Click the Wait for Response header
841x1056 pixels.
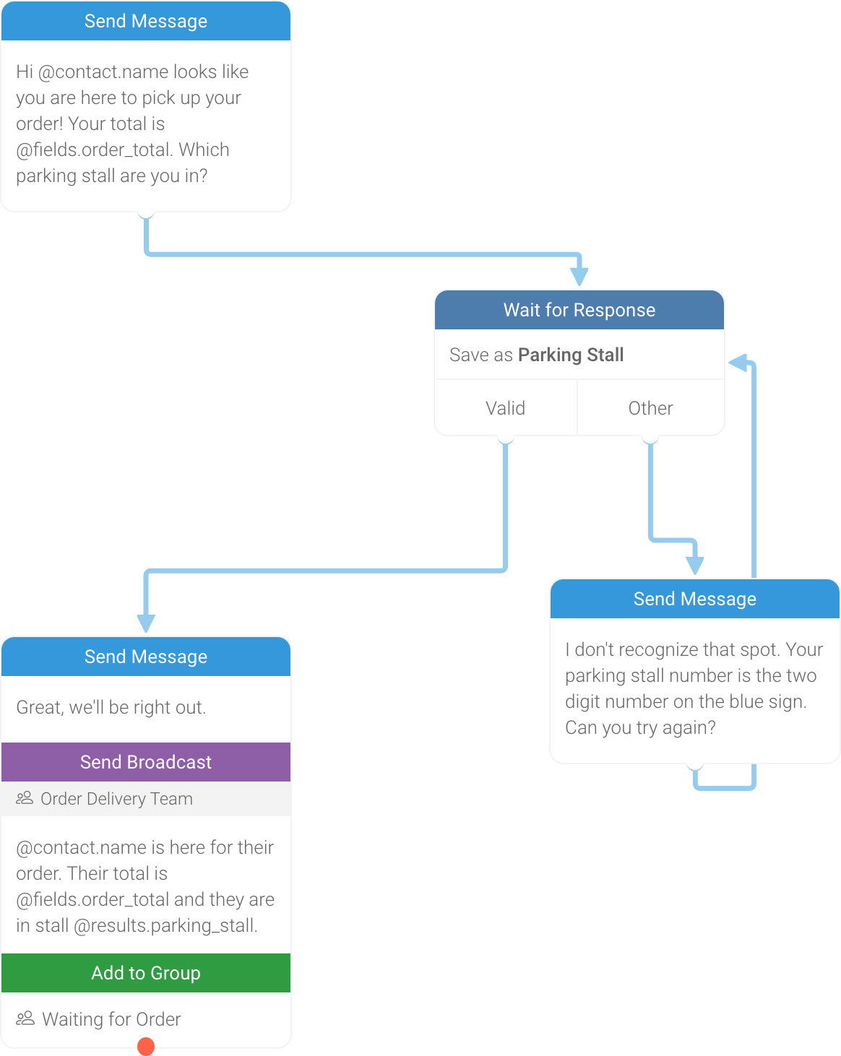(x=579, y=310)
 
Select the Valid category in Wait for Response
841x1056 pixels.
(x=505, y=408)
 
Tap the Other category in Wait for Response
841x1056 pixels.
(x=650, y=408)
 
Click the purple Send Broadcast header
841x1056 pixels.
(x=146, y=762)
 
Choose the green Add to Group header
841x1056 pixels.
(x=146, y=973)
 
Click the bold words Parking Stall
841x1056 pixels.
(x=571, y=355)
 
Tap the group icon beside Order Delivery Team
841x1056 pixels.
(x=25, y=798)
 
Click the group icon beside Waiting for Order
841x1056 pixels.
(x=25, y=1018)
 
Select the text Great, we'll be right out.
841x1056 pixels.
(x=111, y=707)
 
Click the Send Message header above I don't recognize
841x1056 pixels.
(x=694, y=599)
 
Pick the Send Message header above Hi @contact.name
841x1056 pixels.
(x=146, y=21)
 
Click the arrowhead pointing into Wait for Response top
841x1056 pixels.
(x=579, y=276)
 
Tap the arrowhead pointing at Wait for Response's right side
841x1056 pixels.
(x=738, y=363)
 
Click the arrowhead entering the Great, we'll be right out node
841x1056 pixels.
(x=146, y=623)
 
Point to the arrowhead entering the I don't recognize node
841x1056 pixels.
(x=694, y=565)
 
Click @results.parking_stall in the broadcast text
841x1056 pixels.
(x=165, y=925)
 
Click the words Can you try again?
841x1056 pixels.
(x=640, y=727)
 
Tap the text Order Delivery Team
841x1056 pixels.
(x=116, y=799)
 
